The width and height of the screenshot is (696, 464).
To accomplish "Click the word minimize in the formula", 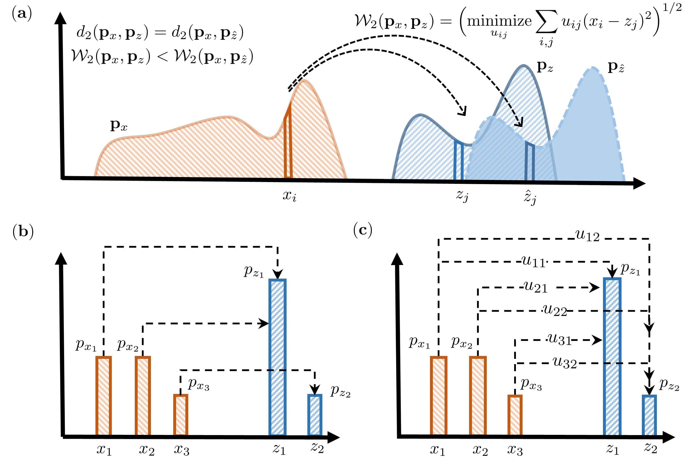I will [499, 21].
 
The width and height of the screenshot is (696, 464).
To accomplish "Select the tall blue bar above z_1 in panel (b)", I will [277, 357].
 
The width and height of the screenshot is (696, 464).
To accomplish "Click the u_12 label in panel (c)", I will [587, 236].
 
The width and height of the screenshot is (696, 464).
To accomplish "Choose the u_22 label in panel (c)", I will [555, 310].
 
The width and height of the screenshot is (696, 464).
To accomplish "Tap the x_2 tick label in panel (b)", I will [146, 450].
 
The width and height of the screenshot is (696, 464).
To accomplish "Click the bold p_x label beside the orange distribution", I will [119, 126].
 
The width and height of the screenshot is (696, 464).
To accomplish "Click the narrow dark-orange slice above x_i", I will [288, 142].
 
